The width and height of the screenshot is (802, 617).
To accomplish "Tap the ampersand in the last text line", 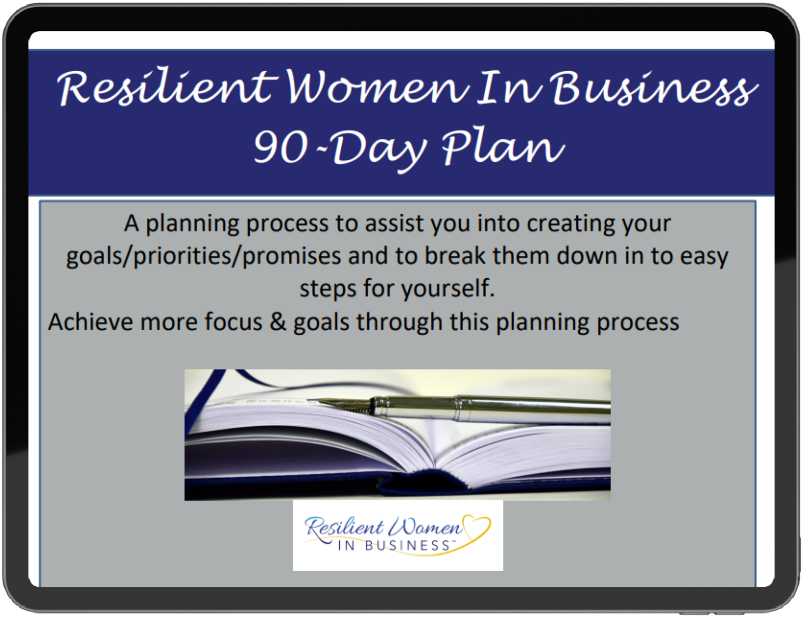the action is pos(278,321).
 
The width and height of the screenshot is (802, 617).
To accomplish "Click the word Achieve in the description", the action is pos(91,321).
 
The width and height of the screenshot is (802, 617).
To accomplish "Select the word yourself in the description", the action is pos(448,288).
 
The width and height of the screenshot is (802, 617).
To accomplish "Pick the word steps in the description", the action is pos(328,289).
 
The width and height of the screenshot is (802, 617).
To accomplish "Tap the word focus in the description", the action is pos(233,321).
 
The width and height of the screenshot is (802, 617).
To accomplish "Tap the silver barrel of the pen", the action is pos(491,408).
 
